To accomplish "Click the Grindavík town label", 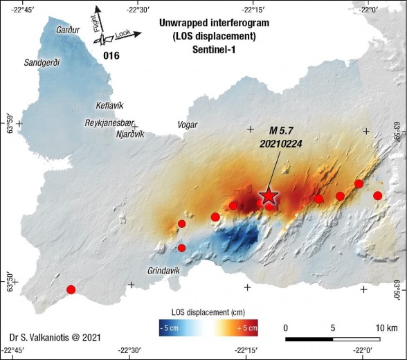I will click(x=163, y=271).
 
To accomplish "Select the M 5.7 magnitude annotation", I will click(x=282, y=130).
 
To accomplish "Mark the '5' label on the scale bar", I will click(x=334, y=327).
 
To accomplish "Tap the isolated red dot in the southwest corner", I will click(x=71, y=289).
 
